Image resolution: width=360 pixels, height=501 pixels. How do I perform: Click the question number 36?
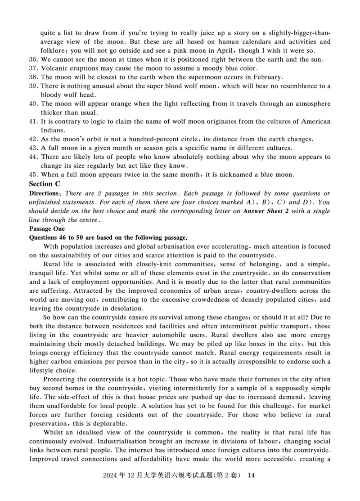tap(33, 59)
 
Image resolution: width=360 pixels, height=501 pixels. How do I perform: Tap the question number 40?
tap(33, 104)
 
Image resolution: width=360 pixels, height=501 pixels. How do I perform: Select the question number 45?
tap(33, 174)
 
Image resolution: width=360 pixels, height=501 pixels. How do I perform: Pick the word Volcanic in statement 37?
tap(54, 68)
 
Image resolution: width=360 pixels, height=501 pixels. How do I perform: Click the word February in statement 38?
tap(266, 77)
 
